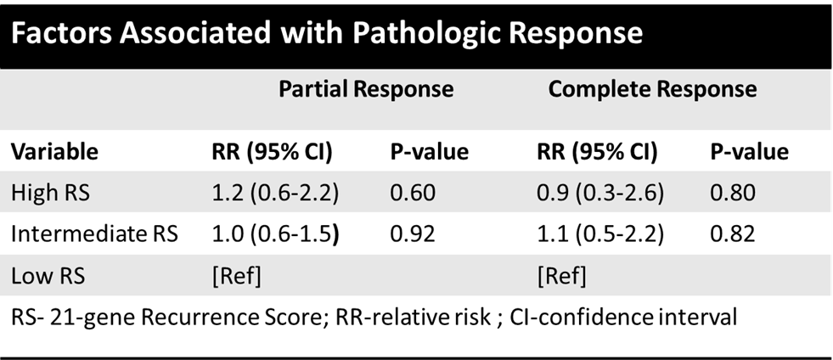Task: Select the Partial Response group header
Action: (x=366, y=89)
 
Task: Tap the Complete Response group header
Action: (x=652, y=89)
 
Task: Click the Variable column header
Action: (x=54, y=152)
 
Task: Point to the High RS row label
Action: (x=50, y=192)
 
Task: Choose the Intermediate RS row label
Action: (x=94, y=234)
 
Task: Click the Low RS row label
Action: (x=48, y=276)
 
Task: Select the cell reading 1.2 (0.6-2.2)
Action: (x=275, y=193)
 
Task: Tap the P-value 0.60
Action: (x=413, y=192)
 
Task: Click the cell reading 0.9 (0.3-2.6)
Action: (x=601, y=193)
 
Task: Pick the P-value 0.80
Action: (x=733, y=192)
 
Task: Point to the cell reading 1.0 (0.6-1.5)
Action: (x=275, y=234)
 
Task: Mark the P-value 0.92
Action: (x=413, y=234)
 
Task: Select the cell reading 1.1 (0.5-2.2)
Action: (x=601, y=234)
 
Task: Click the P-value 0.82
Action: (x=733, y=234)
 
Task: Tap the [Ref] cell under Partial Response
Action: (x=236, y=277)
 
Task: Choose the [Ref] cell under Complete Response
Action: (x=561, y=277)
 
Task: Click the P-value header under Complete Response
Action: (x=750, y=152)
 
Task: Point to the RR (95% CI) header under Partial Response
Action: (x=272, y=152)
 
